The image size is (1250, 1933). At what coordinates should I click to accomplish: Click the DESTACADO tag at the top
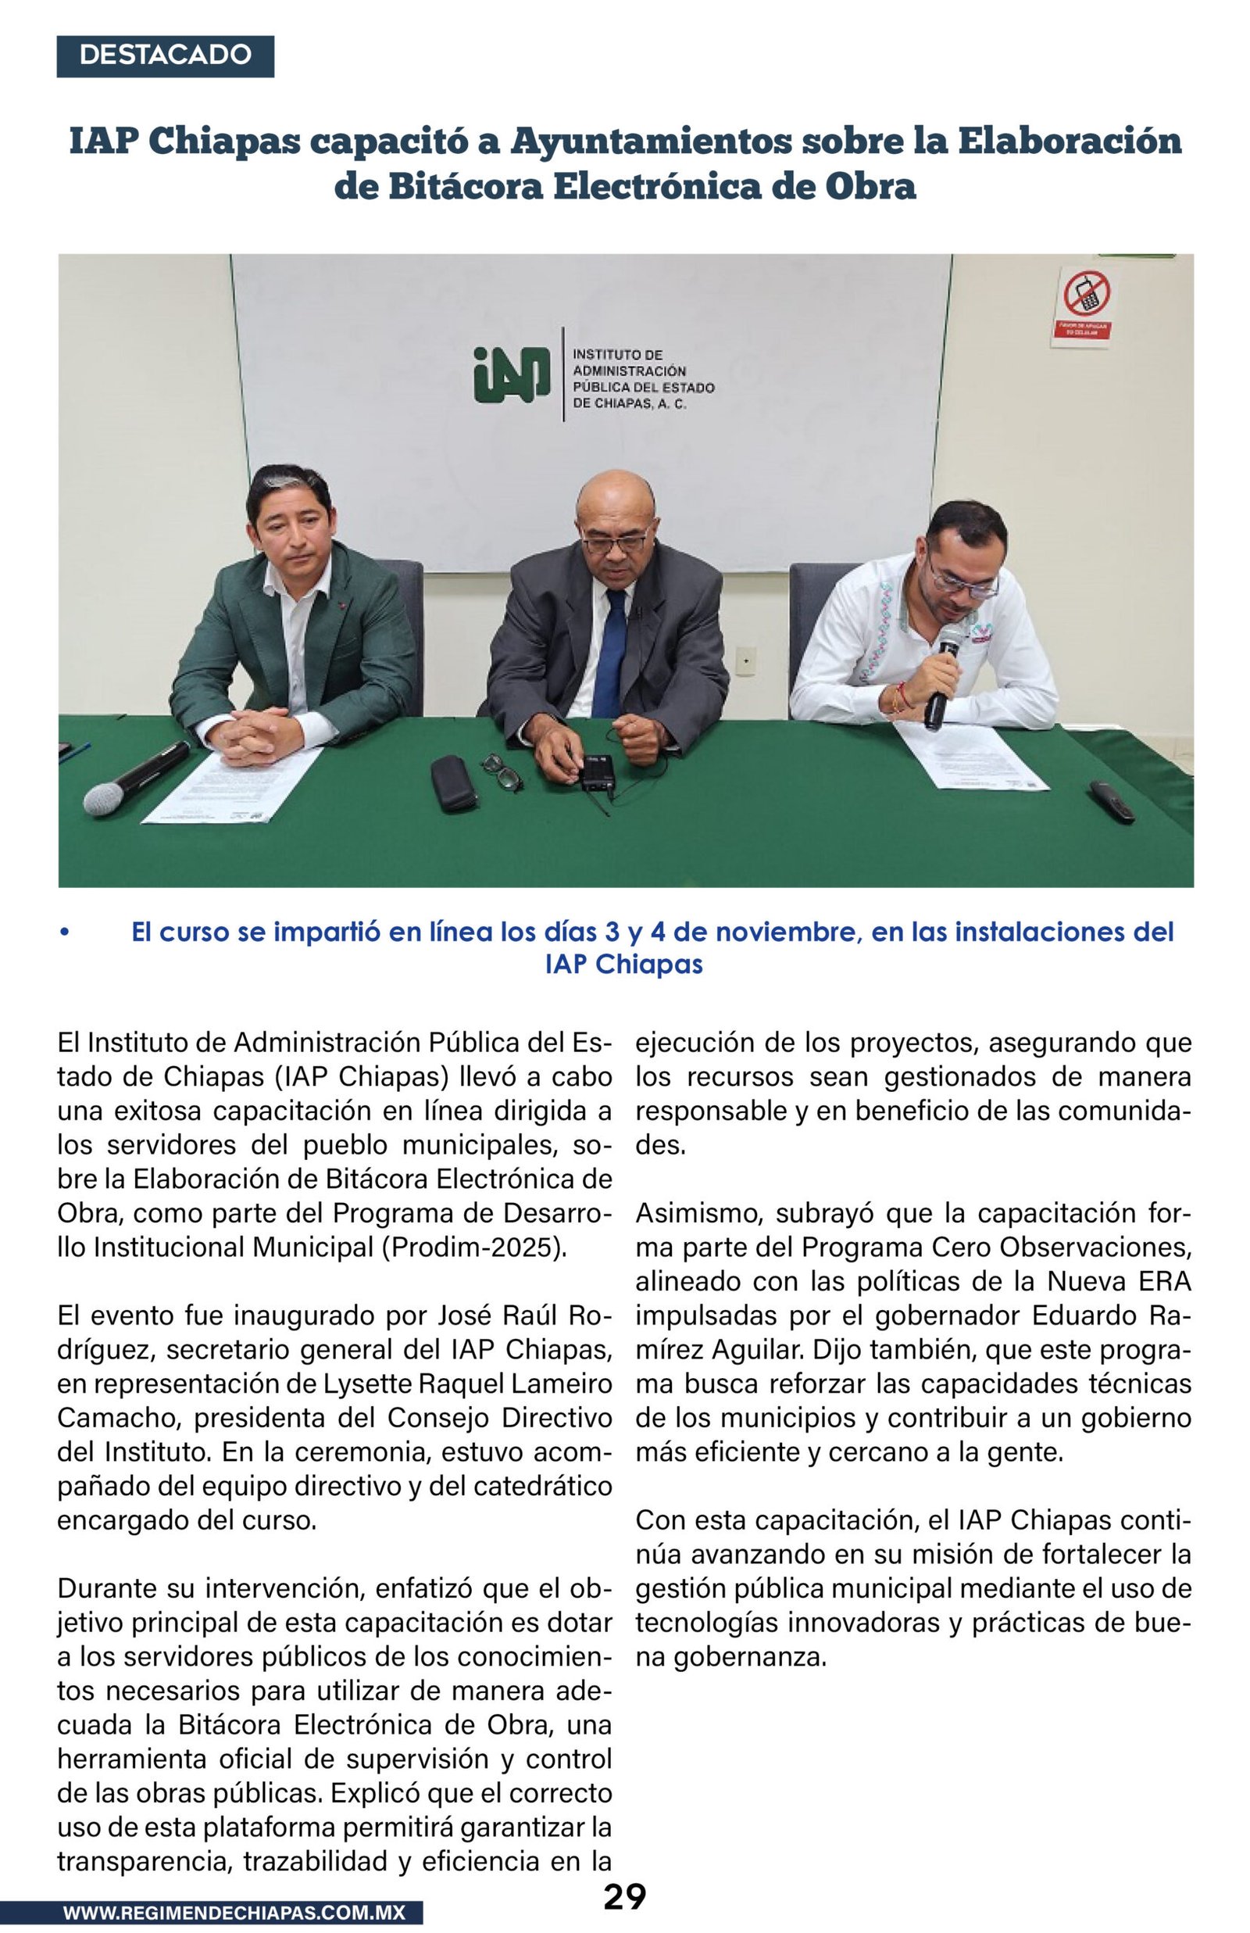(x=165, y=55)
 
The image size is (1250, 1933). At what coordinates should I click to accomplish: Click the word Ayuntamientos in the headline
(x=650, y=141)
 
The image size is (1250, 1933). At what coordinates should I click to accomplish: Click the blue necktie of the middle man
(x=611, y=653)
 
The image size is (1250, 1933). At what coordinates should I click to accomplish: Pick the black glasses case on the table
(x=453, y=782)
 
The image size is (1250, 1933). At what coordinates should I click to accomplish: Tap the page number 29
(x=624, y=1896)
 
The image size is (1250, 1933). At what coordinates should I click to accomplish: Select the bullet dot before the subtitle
(x=64, y=932)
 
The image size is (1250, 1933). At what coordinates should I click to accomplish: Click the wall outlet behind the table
(x=745, y=660)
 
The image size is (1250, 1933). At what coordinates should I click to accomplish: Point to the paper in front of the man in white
(x=970, y=756)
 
